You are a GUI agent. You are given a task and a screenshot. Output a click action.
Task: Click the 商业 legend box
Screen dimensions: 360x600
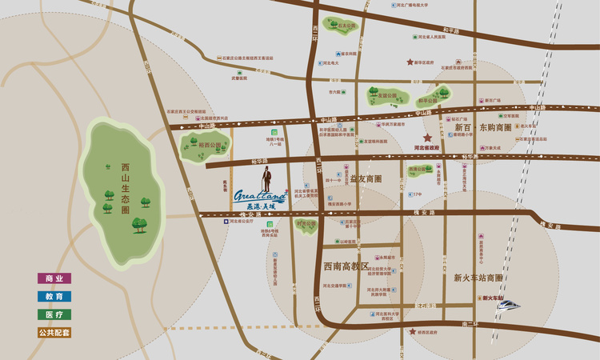pos(54,278)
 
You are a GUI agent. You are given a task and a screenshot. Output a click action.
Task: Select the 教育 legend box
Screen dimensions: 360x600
pos(54,296)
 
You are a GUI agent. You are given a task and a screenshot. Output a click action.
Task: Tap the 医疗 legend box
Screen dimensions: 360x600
pos(54,314)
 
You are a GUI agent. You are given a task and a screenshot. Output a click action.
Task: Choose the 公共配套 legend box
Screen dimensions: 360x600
pos(54,332)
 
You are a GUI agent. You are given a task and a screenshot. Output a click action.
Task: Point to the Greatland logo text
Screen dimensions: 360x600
pos(260,194)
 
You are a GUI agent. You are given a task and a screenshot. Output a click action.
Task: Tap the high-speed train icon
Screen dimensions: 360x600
pos(507,304)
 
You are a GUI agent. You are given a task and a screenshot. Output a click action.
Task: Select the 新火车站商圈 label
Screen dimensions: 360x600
pos(478,278)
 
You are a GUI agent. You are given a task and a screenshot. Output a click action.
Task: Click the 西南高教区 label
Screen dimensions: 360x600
pos(345,266)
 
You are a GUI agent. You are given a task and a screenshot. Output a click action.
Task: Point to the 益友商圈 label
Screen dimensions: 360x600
pos(366,178)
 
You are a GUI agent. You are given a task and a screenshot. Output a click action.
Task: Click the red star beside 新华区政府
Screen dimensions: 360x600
pos(411,62)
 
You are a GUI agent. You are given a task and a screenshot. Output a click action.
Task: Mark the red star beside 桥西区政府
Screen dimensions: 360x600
pos(413,331)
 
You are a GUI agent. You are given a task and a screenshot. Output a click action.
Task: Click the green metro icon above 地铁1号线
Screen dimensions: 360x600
pos(275,131)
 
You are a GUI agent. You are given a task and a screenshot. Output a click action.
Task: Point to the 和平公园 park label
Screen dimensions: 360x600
pos(429,101)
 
